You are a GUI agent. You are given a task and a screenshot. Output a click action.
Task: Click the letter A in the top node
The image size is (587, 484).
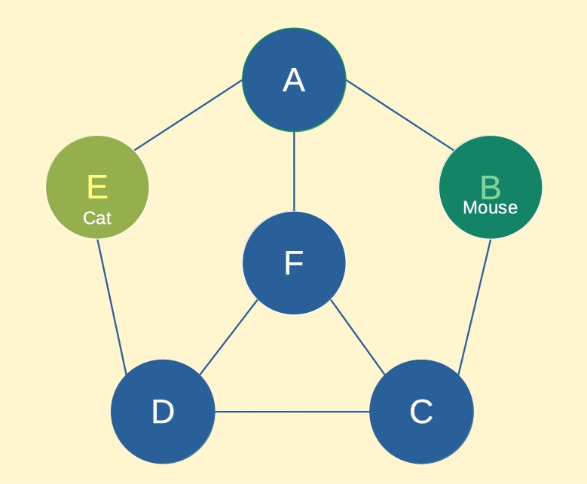pos(294,80)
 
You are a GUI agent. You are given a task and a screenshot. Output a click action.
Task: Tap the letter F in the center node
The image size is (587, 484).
pos(294,262)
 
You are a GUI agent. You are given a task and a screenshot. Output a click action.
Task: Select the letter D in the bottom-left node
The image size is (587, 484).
pos(163,412)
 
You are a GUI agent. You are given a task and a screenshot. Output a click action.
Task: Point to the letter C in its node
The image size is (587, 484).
pos(421,412)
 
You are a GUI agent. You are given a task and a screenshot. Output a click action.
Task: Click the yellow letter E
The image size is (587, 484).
pos(97,186)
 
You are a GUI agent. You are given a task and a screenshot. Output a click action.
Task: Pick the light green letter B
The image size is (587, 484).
pos(491,187)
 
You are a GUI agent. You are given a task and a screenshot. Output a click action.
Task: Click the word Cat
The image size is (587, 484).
pos(97,218)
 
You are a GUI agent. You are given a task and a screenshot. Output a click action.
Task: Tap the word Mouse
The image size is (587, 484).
pos(491,207)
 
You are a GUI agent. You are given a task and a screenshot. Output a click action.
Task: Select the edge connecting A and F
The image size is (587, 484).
pos(294,172)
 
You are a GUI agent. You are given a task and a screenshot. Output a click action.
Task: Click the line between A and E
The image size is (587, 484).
pos(188,115)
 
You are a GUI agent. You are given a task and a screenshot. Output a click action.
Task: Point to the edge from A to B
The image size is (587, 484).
pos(400,115)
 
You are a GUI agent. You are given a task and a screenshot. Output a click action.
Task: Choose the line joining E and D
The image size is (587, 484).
pos(112,306)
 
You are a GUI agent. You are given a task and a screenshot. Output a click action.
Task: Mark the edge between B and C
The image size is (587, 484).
pos(475,306)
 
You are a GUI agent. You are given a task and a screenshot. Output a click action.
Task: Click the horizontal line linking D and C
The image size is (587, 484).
pos(292,412)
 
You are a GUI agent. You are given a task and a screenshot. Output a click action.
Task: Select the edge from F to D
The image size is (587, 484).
pos(229,337)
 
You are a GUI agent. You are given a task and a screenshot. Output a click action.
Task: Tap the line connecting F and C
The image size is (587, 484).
pos(358,337)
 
